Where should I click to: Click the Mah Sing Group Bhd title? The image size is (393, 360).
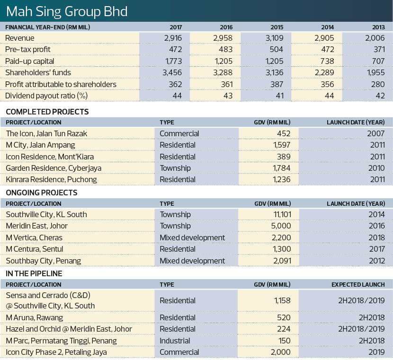[x=67, y=11]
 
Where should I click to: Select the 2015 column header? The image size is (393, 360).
[x=277, y=27]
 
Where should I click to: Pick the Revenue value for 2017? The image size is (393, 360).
[x=173, y=38]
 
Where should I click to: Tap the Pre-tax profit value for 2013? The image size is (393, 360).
[x=379, y=49]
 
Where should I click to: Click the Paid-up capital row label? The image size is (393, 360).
[x=29, y=61]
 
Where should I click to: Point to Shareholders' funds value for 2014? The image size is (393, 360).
[x=324, y=72]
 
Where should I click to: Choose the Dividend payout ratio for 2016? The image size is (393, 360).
[x=228, y=96]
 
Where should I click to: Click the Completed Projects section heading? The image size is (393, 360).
[x=47, y=112]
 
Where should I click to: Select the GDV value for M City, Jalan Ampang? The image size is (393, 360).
[x=281, y=145]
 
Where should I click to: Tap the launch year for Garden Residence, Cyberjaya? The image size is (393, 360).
[x=376, y=168]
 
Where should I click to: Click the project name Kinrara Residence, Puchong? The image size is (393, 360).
[x=52, y=179]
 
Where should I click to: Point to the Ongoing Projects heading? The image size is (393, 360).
[x=41, y=193]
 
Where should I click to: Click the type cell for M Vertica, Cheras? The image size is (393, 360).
[x=192, y=237]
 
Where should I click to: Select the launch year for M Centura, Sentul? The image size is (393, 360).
[x=377, y=249]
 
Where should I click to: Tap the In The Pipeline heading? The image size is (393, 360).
[x=34, y=273]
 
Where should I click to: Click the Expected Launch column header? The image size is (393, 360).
[x=358, y=285]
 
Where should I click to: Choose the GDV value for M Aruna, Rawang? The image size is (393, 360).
[x=284, y=317]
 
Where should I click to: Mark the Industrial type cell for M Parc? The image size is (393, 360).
[x=175, y=341]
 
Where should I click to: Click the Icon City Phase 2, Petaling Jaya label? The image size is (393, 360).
[x=56, y=352]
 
